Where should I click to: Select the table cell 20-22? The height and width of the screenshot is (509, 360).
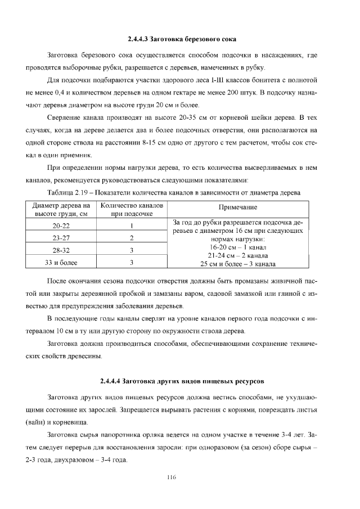click(61, 226)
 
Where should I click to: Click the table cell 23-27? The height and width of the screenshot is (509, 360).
click(61, 237)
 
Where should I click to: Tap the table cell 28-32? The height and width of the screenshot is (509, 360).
click(61, 250)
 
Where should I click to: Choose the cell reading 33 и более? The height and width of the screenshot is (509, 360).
click(61, 262)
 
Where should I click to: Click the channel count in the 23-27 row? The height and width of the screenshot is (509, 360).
click(130, 237)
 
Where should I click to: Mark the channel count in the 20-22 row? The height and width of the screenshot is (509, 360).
click(130, 226)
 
